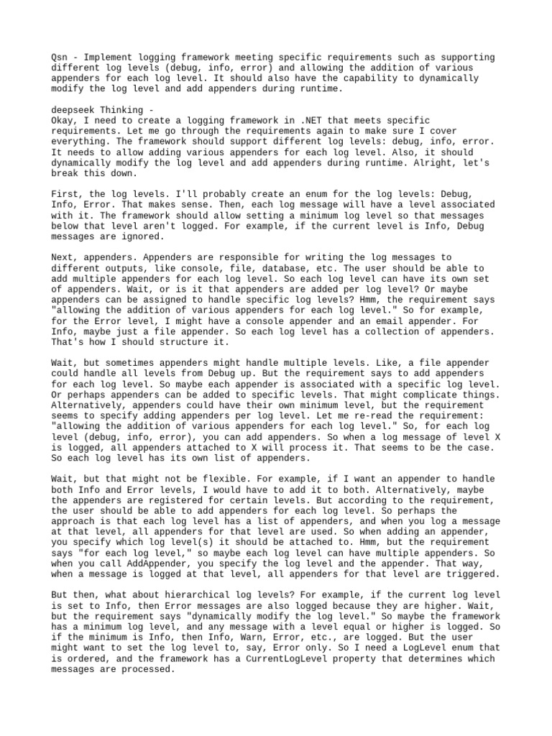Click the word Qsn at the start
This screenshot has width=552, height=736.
click(x=60, y=57)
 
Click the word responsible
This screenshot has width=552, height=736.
click(x=234, y=257)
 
